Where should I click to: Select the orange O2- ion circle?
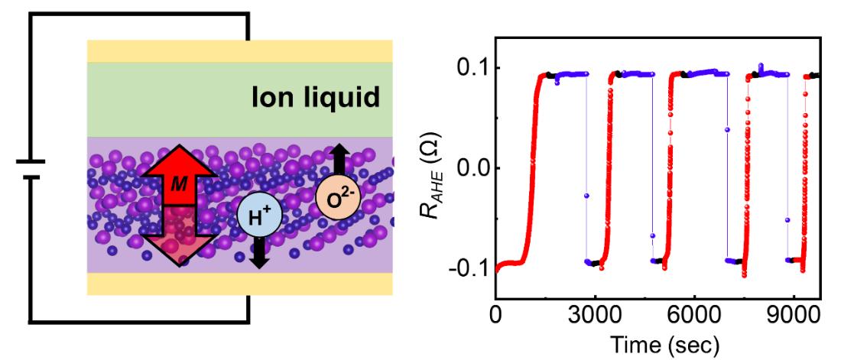point(335,197)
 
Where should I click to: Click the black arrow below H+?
point(259,252)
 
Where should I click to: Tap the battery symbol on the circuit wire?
point(30,169)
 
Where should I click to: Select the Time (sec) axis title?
point(659,344)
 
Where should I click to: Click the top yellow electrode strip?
point(239,51)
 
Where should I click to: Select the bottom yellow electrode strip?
point(239,284)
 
